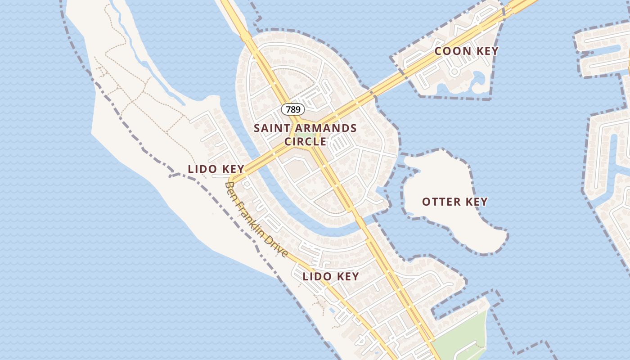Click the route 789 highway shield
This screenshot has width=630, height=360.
[293, 109]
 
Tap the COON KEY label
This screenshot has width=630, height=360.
[467, 51]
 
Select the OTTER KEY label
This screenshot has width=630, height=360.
[454, 202]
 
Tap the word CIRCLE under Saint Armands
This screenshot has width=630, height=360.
[305, 141]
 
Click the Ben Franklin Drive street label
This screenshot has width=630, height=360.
[256, 220]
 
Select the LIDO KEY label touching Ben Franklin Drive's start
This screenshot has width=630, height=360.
[216, 169]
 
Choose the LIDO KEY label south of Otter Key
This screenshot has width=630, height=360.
[331, 276]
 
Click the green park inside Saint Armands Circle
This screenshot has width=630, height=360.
[306, 135]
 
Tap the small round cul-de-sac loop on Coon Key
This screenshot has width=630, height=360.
[454, 71]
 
